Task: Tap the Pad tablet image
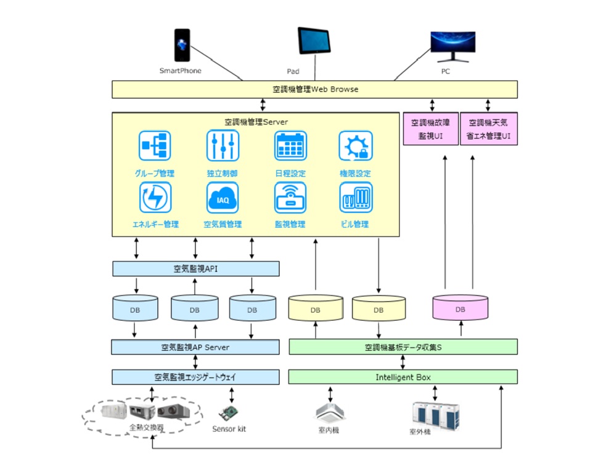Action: [x=314, y=41]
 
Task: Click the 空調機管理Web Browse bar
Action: [x=314, y=89]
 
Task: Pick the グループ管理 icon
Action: [x=155, y=146]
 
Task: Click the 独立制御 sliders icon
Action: [x=223, y=146]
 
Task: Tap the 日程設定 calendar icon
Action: [x=290, y=146]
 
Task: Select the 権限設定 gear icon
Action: [x=356, y=146]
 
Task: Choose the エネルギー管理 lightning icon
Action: [x=155, y=198]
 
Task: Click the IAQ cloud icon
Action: [x=223, y=198]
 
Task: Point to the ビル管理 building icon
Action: [x=356, y=198]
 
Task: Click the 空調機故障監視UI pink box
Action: [x=430, y=129]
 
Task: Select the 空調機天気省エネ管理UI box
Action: [x=489, y=129]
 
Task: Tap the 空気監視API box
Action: [x=195, y=268]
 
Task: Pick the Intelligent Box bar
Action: [x=403, y=376]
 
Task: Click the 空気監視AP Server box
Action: [x=195, y=347]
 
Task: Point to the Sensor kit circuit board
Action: [x=230, y=413]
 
